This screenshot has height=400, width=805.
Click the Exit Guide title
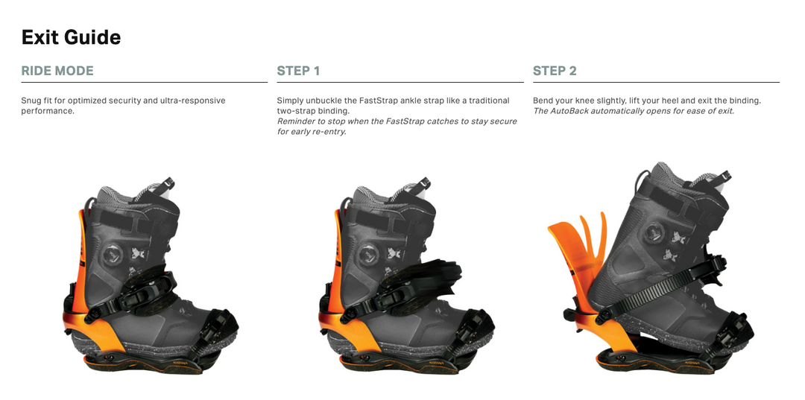pos(72,37)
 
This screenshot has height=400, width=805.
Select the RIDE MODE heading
pos(57,71)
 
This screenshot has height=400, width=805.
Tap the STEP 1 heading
pos(298,71)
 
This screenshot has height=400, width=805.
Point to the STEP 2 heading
pos(555,71)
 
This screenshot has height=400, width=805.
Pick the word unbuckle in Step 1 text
pos(321,101)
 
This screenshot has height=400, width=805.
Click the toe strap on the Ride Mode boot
pos(218,328)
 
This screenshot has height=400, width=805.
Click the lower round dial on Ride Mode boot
pos(113,255)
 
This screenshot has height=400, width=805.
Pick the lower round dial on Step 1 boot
pos(369,255)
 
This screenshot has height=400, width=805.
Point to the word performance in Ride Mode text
pos(47,111)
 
